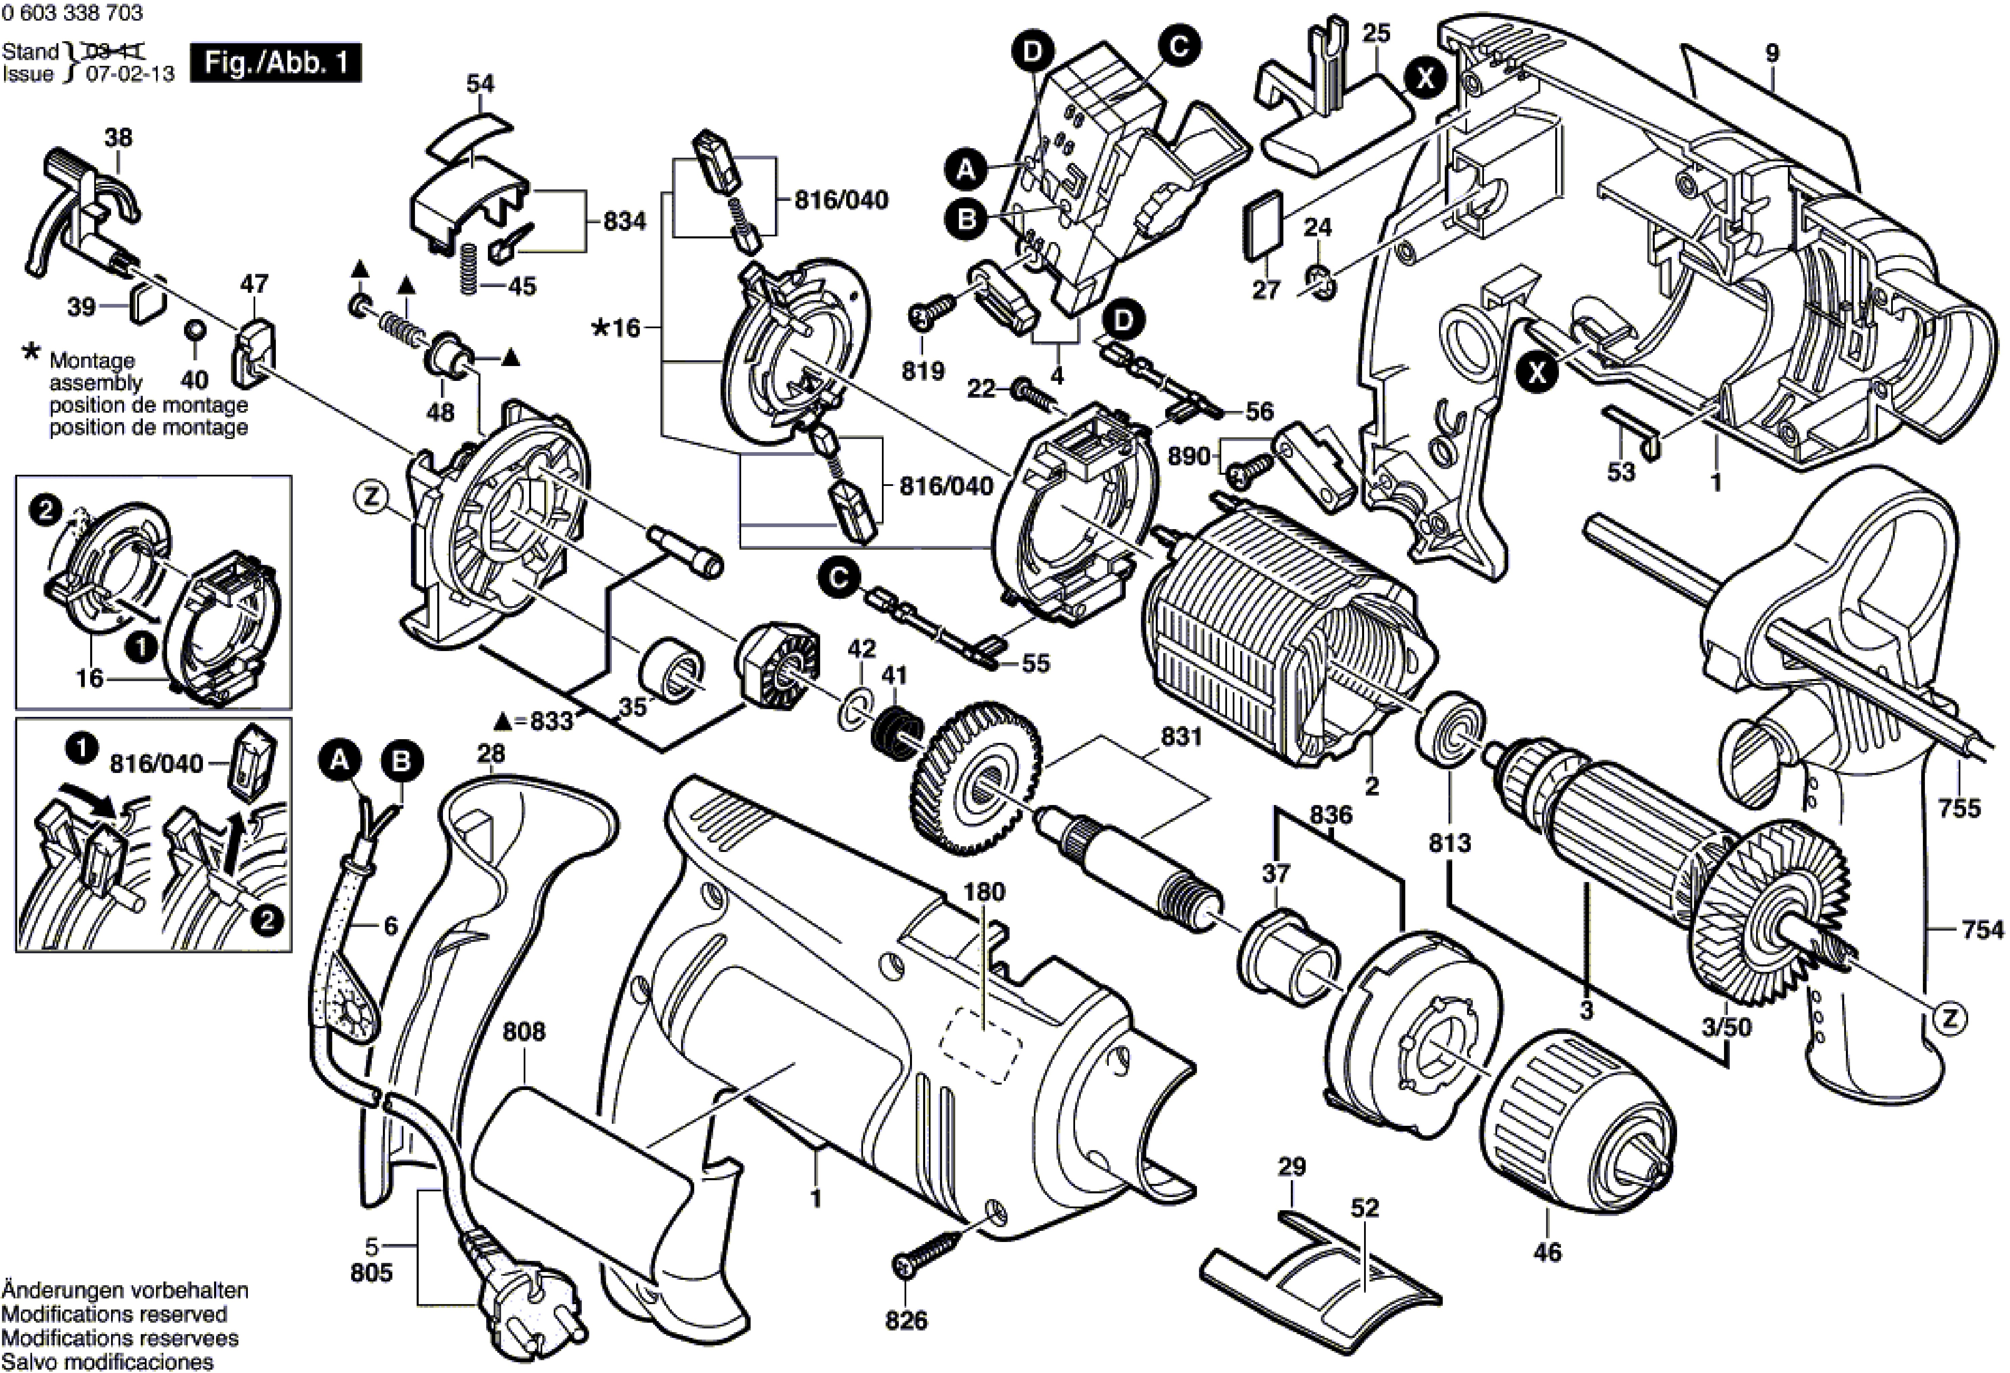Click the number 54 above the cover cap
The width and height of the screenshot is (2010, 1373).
click(x=480, y=84)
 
